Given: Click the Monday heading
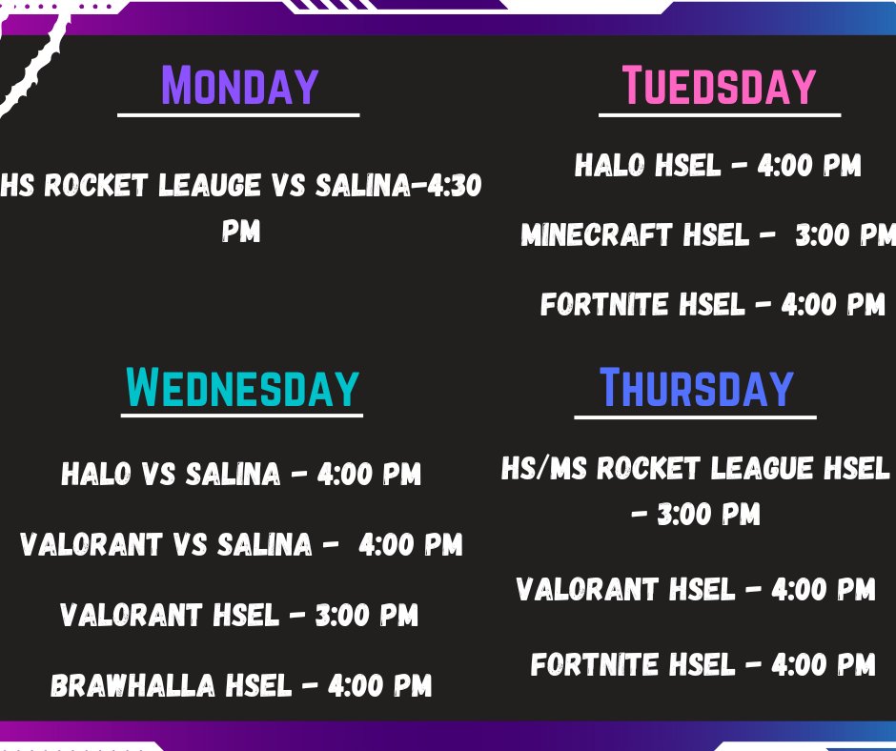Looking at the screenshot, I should pos(238,86).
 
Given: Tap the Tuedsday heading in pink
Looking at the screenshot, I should pos(719,86).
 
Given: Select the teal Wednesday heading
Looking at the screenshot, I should pos(242,388).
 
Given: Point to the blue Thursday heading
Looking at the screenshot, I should pos(696,388).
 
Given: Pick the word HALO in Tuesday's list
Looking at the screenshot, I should pos(611,166).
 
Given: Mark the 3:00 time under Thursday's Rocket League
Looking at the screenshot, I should pos(708,516).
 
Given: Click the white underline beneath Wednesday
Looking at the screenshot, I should pos(242,415).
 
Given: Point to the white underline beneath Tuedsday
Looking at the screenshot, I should pos(719,115).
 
